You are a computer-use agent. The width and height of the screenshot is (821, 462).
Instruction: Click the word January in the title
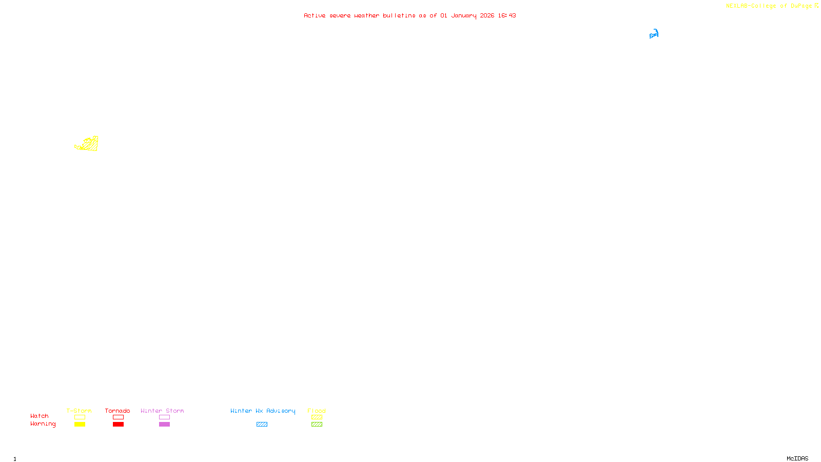(463, 16)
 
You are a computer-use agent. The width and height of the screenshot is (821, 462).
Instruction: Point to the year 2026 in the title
(487, 16)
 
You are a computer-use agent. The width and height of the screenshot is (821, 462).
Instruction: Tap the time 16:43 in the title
(507, 16)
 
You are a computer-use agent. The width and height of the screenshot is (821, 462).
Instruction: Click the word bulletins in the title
(399, 16)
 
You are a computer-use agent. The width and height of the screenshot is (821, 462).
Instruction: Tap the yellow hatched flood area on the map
(90, 145)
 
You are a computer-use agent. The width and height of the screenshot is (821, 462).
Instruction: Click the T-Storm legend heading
(79, 411)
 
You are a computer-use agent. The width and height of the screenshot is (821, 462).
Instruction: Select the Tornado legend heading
(118, 411)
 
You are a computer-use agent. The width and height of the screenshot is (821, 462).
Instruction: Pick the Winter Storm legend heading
(162, 411)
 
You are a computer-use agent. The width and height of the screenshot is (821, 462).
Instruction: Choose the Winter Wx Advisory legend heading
(263, 411)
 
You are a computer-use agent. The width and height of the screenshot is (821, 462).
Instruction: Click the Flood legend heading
(317, 411)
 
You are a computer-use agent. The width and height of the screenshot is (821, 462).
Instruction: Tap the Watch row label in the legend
(40, 416)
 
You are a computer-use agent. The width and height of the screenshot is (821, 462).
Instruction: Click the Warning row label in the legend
(43, 424)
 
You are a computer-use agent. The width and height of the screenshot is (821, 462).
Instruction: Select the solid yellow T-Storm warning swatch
(80, 425)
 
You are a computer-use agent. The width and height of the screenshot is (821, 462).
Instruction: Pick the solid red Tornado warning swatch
(118, 425)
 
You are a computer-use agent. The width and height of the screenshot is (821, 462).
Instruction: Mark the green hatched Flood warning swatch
(317, 425)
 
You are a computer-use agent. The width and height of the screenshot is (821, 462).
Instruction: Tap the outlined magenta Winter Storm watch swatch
(164, 417)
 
